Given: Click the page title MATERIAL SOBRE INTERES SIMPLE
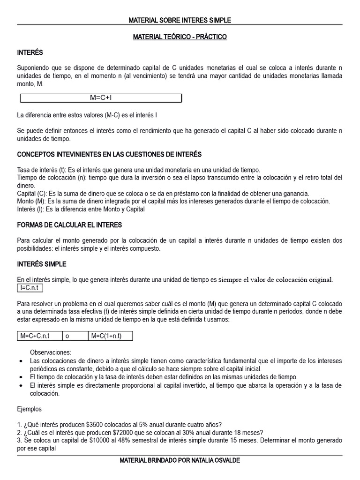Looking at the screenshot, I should coord(180,20).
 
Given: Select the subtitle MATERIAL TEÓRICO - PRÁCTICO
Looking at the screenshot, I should coord(180,37).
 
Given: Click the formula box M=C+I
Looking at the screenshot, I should coord(101,98).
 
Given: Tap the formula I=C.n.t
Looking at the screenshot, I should coord(30,288).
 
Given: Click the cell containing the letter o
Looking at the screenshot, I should coord(67,336).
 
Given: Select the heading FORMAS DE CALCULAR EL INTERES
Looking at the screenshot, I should coord(69,225).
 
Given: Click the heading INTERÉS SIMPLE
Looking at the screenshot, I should coord(42,264).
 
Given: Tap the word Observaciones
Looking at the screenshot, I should coord(50,352).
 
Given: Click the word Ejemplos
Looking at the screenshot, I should coord(30,409).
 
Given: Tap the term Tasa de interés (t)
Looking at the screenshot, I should coord(42,170).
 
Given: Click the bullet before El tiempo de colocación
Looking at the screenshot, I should coord(20,377).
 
